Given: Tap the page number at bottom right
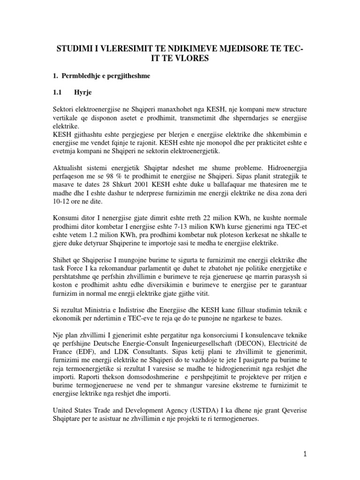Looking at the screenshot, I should click(305, 453).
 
